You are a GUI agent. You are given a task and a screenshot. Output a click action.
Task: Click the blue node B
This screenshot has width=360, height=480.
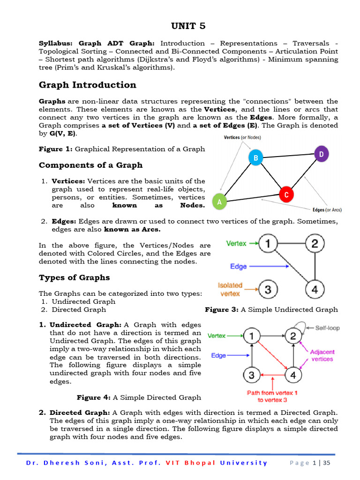coord(255,158)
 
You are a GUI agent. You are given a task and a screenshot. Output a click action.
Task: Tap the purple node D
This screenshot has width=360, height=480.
coord(321,154)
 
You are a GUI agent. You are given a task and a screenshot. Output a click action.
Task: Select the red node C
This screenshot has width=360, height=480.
coord(286,194)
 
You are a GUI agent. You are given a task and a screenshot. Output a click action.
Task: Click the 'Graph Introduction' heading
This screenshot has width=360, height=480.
coord(87,85)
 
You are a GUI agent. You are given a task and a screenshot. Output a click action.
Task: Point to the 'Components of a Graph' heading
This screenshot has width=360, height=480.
coord(90,165)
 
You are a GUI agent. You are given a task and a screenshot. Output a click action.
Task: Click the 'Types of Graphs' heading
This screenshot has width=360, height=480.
coord(74,277)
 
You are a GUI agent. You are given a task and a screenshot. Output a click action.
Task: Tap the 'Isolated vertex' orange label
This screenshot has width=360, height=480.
coord(230,289)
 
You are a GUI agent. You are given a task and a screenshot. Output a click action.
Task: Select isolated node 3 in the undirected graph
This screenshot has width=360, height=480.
coord(268,289)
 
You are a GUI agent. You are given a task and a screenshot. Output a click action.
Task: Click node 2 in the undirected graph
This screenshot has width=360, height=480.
coord(315,243)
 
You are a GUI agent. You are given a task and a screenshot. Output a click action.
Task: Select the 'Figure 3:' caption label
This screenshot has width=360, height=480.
coord(222,309)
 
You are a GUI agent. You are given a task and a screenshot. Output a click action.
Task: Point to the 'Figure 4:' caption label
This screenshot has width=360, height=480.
coord(93,397)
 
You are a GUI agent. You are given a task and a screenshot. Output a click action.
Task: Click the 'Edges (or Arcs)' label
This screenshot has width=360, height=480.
coord(327,210)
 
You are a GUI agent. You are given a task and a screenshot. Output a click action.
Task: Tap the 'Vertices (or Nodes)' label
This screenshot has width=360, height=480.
coord(242,137)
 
